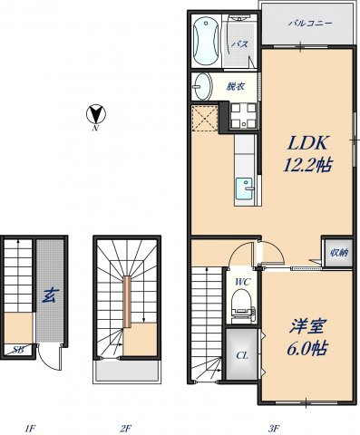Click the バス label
(239, 43)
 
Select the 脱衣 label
(235, 86)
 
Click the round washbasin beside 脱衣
(201, 88)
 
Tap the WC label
(242, 282)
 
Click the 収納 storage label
(337, 252)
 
